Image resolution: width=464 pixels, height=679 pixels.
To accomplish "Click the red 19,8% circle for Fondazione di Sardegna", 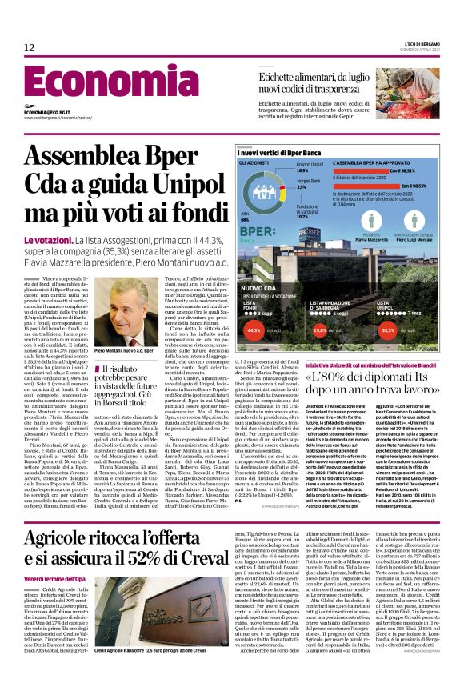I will pos(339,329).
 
